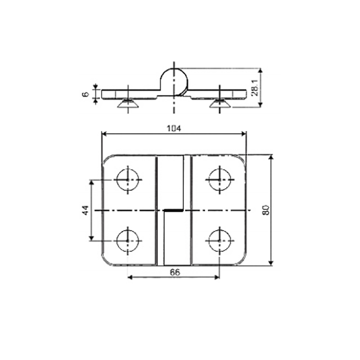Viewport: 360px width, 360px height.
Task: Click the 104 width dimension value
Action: click(174, 129)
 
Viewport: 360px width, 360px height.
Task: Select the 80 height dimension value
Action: click(266, 210)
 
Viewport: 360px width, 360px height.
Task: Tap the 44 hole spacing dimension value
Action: click(85, 210)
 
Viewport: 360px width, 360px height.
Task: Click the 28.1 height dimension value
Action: click(255, 87)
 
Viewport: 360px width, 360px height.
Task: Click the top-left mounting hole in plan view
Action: click(128, 179)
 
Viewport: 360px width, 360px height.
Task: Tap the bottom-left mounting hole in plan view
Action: click(128, 240)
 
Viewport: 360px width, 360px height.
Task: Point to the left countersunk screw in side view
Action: click(128, 104)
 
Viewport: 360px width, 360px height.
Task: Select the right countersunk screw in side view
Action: click(220, 104)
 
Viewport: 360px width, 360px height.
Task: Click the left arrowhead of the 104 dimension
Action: click(104, 133)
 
